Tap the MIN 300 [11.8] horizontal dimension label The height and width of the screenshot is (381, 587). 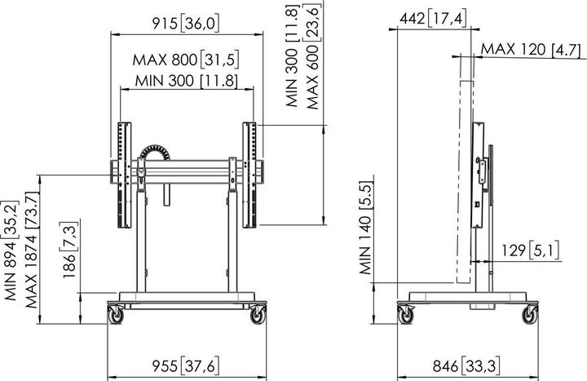pyautogui.click(x=186, y=80)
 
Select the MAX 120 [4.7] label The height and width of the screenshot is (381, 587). pyautogui.click(x=530, y=50)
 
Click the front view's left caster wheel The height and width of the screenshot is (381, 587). pyautogui.click(x=115, y=312)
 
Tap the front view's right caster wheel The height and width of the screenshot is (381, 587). pyautogui.click(x=259, y=312)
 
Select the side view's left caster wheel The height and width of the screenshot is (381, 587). pyautogui.click(x=405, y=313)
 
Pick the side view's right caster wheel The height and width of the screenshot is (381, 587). pyautogui.click(x=532, y=313)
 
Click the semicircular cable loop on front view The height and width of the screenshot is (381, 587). pyautogui.click(x=156, y=153)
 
